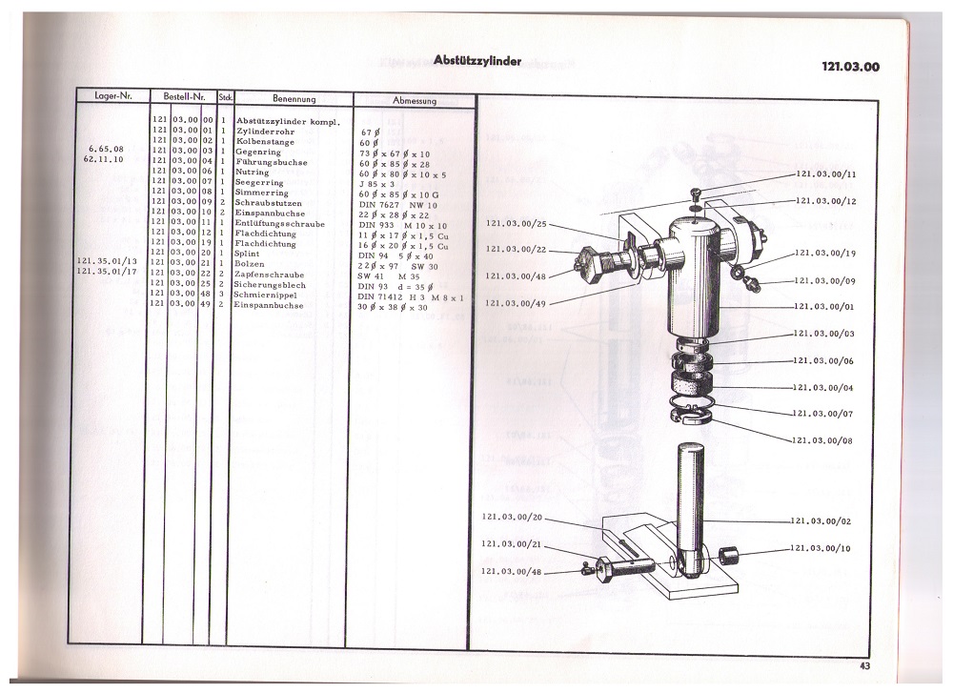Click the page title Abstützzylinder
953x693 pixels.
click(x=476, y=60)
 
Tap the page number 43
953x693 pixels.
click(x=863, y=665)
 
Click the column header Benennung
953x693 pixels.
click(x=294, y=98)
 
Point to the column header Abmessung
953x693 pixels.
click(x=415, y=99)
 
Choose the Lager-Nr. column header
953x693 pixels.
click(x=112, y=97)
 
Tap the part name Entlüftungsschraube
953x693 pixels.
click(x=279, y=222)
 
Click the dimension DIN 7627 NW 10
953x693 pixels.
click(x=398, y=202)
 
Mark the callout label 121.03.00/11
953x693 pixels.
click(x=825, y=175)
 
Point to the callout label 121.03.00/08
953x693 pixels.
click(x=824, y=440)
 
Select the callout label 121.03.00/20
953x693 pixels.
click(x=512, y=517)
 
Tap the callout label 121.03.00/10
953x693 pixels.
click(x=824, y=549)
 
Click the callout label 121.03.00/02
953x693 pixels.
click(x=824, y=521)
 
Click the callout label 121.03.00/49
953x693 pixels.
click(x=517, y=303)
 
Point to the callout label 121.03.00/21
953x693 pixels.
click(x=512, y=543)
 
